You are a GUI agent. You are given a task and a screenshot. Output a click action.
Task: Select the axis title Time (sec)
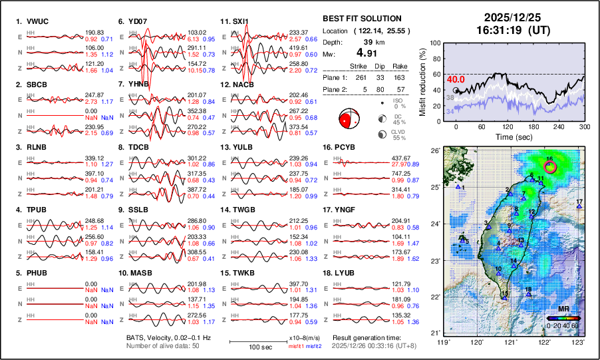coord(512,136)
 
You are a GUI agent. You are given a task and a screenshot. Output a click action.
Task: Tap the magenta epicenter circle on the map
coord(551,166)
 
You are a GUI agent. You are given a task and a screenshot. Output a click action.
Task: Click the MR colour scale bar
coord(561,317)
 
